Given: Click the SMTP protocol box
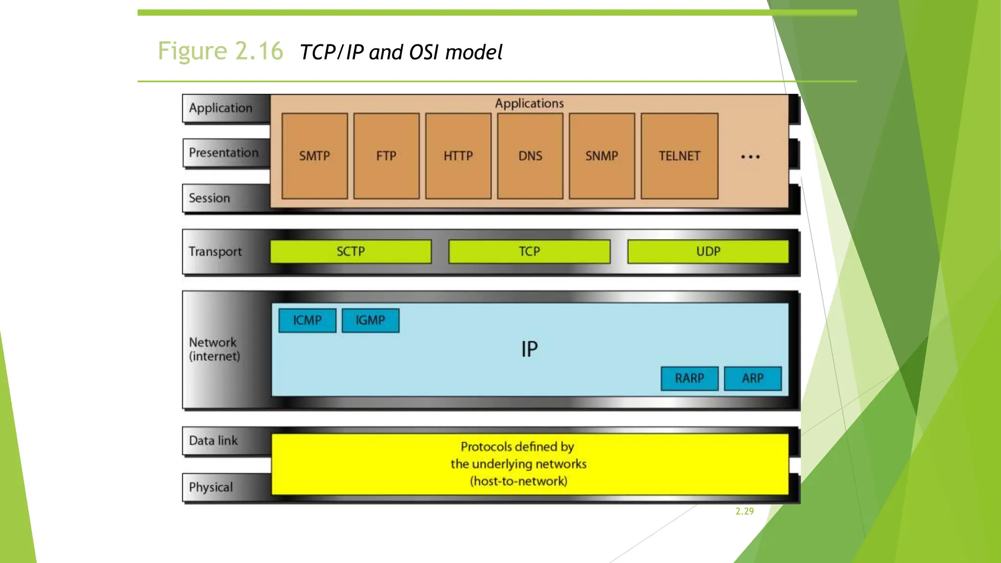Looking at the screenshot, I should tap(314, 156).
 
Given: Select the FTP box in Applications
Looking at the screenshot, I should tap(386, 156).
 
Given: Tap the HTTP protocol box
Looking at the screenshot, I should tap(458, 156).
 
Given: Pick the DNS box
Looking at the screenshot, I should tap(530, 156).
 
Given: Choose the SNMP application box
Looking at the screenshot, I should tap(602, 156).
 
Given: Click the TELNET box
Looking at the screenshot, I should tap(679, 156).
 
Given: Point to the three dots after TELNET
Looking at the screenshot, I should tap(750, 157).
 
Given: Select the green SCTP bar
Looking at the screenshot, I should tap(350, 251).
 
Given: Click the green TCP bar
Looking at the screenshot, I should tap(529, 251).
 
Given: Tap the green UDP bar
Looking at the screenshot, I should tap(708, 251).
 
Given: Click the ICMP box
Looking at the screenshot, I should tap(307, 320).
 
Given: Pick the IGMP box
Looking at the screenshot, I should tap(370, 320).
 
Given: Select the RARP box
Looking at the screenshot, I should tap(689, 378).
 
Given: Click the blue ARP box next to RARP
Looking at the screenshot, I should tap(753, 378).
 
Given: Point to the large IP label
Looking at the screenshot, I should tap(529, 349).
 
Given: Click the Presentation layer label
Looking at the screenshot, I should tap(223, 153).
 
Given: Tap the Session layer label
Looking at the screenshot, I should tap(209, 198).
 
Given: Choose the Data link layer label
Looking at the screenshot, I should tap(213, 441).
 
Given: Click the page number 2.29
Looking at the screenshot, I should tap(744, 511).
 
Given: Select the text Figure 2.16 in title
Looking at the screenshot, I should tap(220, 51).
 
